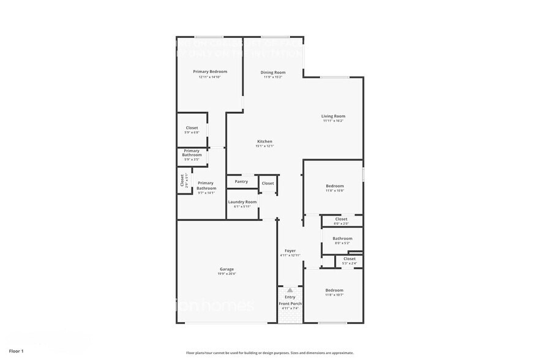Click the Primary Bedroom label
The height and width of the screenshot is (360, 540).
pyautogui.click(x=210, y=72)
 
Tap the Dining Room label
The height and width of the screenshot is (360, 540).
pyautogui.click(x=273, y=72)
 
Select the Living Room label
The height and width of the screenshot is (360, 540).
pyautogui.click(x=334, y=116)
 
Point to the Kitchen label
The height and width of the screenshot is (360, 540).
pyautogui.click(x=264, y=141)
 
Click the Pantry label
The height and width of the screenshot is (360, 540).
pyautogui.click(x=241, y=181)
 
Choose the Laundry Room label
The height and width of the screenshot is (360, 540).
pyautogui.click(x=242, y=201)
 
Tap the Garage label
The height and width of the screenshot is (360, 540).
pyautogui.click(x=227, y=269)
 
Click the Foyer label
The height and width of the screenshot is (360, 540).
pyautogui.click(x=290, y=250)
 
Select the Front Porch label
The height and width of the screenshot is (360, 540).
pyautogui.click(x=290, y=304)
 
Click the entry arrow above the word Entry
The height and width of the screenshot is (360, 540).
pyautogui.click(x=290, y=290)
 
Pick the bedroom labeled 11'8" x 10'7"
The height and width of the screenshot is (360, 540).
pyautogui.click(x=334, y=290)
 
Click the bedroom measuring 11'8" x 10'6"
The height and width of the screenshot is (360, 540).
pyautogui.click(x=334, y=186)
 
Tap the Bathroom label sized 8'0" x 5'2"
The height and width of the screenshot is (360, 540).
pyautogui.click(x=342, y=238)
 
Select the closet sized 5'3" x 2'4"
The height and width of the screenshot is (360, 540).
pyautogui.click(x=349, y=259)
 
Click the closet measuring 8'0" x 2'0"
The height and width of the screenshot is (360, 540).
pyautogui.click(x=341, y=219)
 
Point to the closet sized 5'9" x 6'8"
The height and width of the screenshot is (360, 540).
pyautogui.click(x=192, y=128)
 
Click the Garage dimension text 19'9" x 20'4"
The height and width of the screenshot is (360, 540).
pyautogui.click(x=227, y=274)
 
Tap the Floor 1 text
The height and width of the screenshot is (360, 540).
pyautogui.click(x=16, y=351)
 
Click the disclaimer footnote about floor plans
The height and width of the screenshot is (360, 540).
pyautogui.click(x=269, y=353)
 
